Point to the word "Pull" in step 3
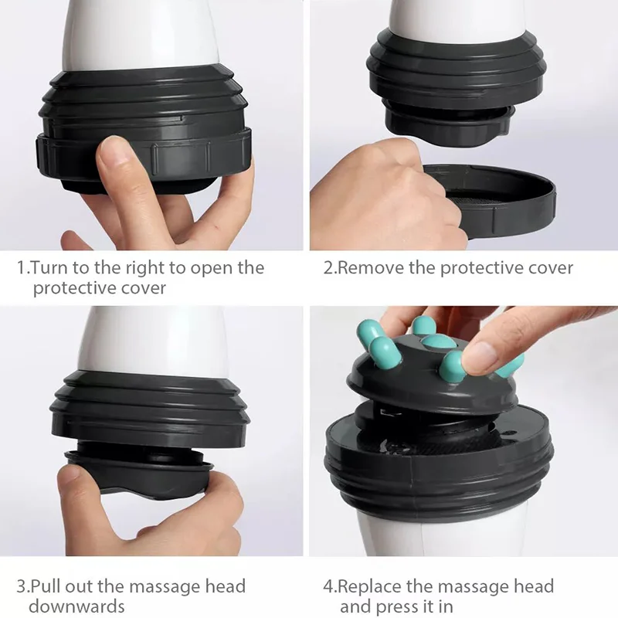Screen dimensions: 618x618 [47, 587]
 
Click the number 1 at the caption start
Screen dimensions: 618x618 [21, 268]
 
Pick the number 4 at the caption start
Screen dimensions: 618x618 [328, 587]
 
